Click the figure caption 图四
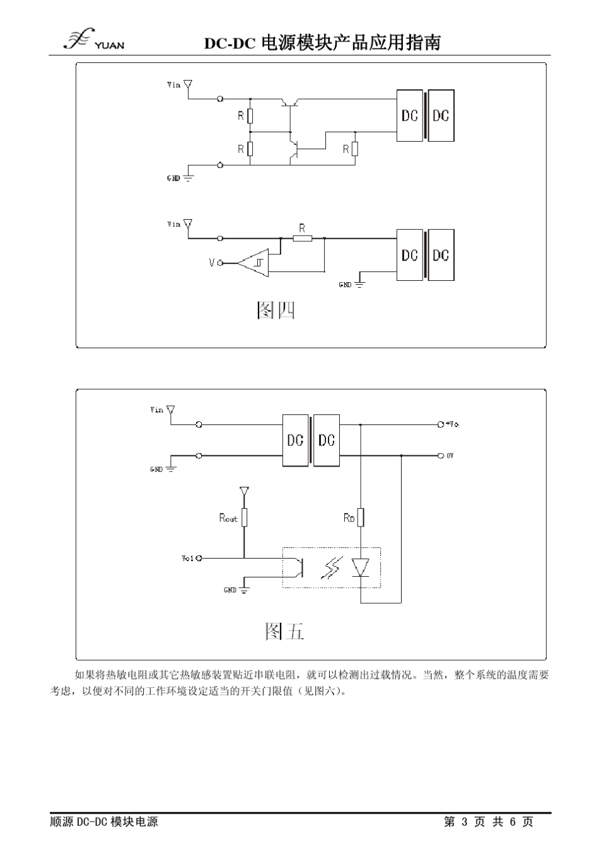pos(276,310)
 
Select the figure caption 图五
pos(284,630)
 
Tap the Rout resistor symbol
pos(244,518)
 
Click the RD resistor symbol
pos(361,518)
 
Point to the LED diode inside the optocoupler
pos(361,567)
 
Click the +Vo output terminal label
pos(453,424)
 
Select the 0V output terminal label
pos(450,455)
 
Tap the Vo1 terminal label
pos(187,558)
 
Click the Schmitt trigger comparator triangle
pos(255,263)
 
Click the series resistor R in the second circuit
pos(303,238)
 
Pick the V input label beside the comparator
pos(212,263)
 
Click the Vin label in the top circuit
pos(173,84)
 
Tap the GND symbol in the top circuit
pos(187,178)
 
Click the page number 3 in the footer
pos(465,822)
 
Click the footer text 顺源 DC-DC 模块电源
pos(104,822)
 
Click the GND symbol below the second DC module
pos(359,284)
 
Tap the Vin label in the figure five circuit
pos(156,410)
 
